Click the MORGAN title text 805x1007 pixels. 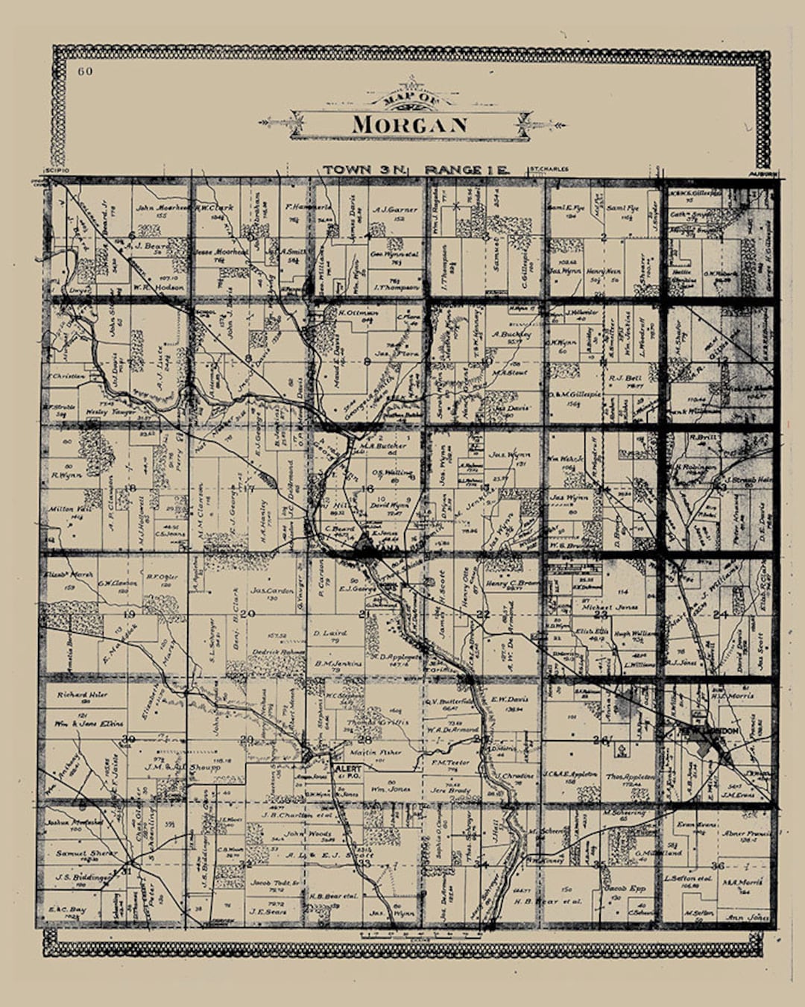[409, 124]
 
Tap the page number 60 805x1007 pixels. [83, 72]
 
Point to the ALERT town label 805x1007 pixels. [348, 768]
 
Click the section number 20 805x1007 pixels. [247, 614]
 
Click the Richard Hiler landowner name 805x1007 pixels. [82, 695]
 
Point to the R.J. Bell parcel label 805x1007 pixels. [625, 379]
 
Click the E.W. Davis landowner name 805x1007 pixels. [509, 700]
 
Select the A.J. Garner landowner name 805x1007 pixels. [395, 210]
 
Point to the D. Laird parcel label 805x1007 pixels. [326, 634]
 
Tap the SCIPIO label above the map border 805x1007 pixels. [57, 171]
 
